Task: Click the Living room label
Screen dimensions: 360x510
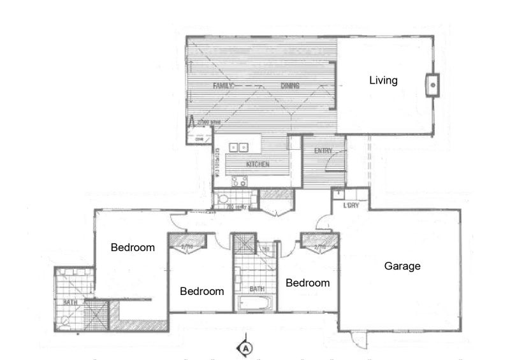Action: [384, 80]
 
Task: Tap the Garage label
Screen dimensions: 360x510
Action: [402, 266]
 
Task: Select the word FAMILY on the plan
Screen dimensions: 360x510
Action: [224, 85]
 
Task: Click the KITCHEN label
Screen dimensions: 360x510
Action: [258, 164]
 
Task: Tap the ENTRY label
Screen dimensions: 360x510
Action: [323, 151]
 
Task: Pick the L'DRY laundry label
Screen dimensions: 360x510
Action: [351, 205]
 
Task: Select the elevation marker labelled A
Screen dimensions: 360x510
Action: [245, 348]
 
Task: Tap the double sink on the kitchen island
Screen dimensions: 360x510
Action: [238, 148]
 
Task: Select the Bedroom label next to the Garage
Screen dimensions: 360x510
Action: [307, 283]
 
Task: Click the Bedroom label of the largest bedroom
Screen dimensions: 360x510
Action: [133, 247]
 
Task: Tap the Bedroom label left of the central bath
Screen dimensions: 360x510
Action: [201, 291]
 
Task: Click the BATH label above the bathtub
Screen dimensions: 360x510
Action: [256, 289]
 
